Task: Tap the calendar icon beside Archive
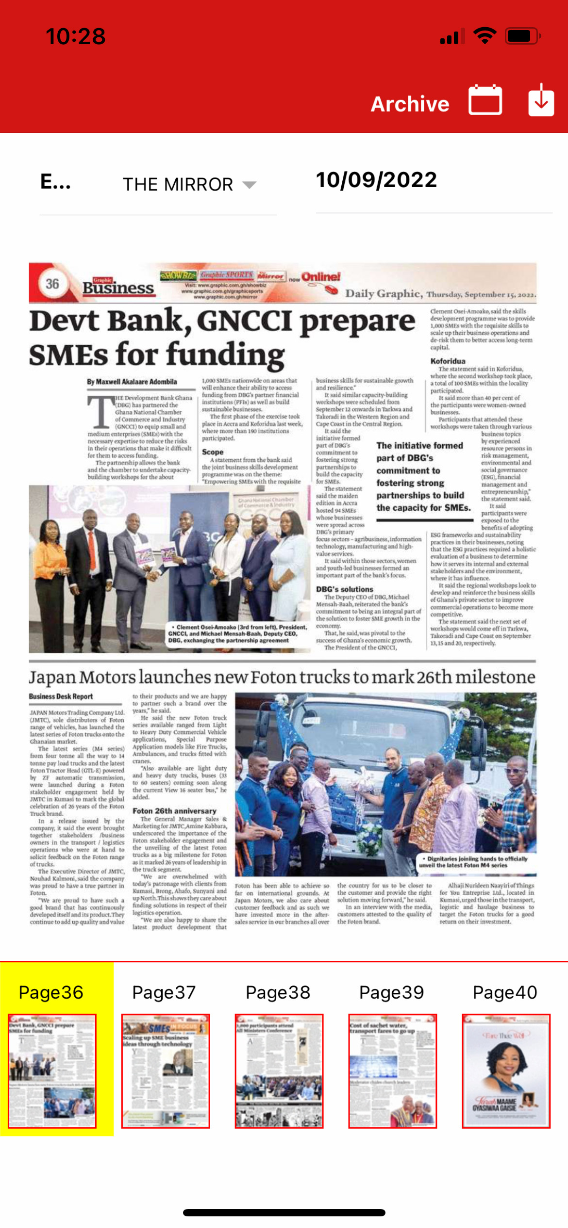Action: coord(485,100)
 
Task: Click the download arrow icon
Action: coord(541,100)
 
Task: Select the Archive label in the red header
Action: coord(410,104)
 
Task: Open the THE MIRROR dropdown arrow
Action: coord(250,184)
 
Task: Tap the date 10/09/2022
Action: coord(376,180)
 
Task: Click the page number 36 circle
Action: coord(52,284)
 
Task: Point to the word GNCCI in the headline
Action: coord(244,322)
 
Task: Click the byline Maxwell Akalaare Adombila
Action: coord(132,382)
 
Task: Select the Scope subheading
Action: coord(213,452)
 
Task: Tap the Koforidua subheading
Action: coord(448,361)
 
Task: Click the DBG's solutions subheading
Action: coord(345,589)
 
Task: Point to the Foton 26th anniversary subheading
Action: coord(174,811)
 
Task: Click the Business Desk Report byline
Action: coord(61,696)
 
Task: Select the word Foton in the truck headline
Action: coord(278,677)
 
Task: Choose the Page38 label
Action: coord(278,992)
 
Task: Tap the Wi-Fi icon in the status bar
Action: coord(484,36)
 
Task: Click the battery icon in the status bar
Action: coord(522,36)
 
